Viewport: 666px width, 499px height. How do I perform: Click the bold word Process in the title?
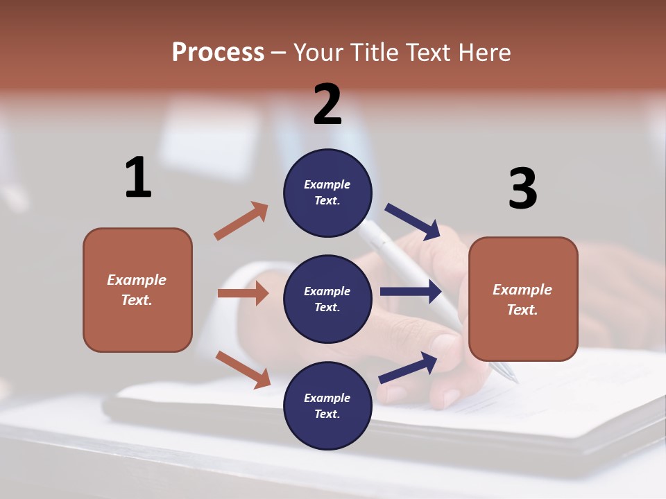click(x=218, y=53)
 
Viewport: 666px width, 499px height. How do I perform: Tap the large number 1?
click(x=138, y=177)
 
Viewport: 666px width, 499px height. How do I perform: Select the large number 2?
click(x=327, y=105)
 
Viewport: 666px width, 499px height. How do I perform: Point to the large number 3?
click(x=522, y=189)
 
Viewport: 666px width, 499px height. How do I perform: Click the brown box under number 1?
click(x=137, y=290)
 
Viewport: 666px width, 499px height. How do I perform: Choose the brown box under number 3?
click(x=523, y=299)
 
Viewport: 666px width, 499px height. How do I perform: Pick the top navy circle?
click(x=327, y=193)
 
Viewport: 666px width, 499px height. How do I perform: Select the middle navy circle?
click(x=327, y=299)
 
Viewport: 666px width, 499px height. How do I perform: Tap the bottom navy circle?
click(x=327, y=405)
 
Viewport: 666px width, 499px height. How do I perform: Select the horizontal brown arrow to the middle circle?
click(x=243, y=293)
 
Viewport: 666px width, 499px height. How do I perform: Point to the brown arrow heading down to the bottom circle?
click(x=243, y=369)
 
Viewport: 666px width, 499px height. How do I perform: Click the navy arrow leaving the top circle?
click(x=413, y=221)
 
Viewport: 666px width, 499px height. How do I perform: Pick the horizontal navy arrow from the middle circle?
click(x=411, y=292)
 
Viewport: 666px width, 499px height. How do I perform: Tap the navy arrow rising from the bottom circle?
click(x=408, y=368)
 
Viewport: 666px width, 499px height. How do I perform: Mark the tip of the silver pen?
click(x=515, y=380)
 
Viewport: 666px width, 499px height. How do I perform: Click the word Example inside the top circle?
click(x=327, y=184)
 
